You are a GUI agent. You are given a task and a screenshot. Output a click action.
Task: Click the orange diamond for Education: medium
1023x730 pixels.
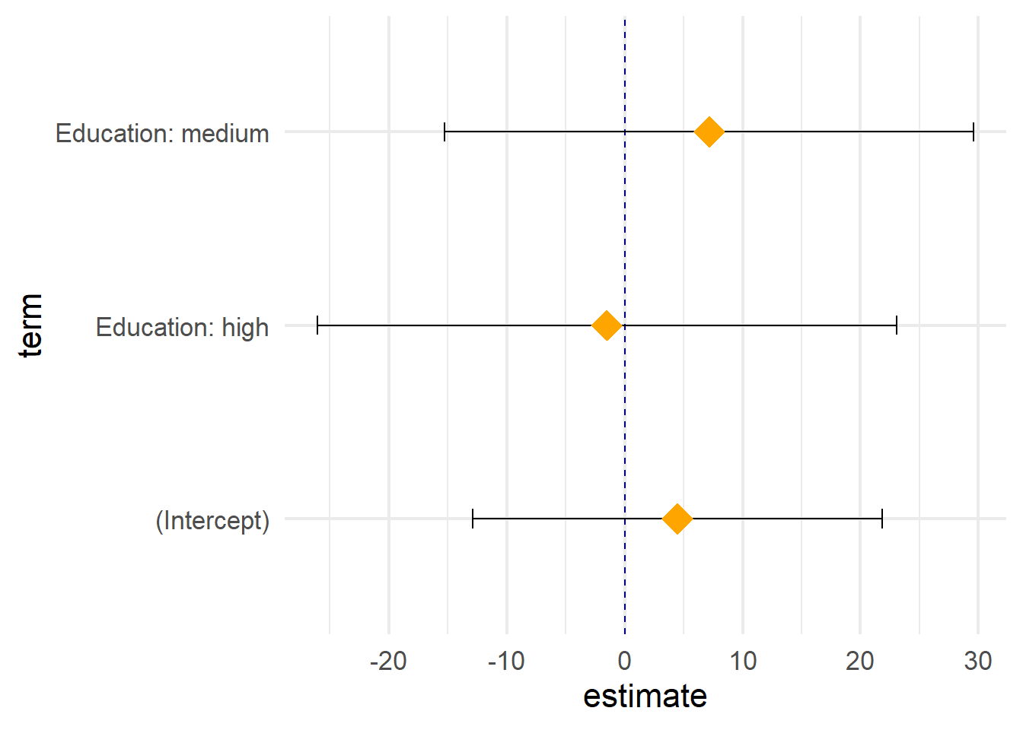(709, 132)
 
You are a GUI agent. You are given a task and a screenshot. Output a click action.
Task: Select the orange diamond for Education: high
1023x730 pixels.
(607, 325)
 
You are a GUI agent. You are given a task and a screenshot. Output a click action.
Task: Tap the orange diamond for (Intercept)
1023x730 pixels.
(677, 519)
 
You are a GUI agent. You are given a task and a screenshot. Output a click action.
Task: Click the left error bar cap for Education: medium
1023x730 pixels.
(445, 132)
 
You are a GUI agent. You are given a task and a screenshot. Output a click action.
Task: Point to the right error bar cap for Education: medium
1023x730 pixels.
(974, 132)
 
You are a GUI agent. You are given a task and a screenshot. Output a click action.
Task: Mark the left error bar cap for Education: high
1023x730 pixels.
(317, 325)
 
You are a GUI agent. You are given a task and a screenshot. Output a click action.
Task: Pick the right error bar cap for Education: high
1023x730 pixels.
(897, 325)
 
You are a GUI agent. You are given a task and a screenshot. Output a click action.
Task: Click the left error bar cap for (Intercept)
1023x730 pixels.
(473, 519)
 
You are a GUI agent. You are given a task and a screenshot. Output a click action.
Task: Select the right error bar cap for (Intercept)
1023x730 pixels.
(882, 519)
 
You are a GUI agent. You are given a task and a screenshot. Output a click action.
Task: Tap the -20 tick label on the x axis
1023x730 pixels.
(388, 661)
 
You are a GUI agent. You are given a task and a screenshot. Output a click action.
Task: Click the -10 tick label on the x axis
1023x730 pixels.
(506, 661)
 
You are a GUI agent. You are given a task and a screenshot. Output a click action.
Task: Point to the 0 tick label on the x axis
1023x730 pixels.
(625, 661)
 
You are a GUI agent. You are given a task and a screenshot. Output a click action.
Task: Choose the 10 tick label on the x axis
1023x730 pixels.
(743, 661)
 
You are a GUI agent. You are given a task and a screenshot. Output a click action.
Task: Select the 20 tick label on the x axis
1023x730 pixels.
(860, 661)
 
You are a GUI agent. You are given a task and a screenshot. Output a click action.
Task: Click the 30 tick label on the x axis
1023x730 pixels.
(978, 661)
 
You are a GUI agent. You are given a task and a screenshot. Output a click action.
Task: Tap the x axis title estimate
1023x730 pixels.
(645, 697)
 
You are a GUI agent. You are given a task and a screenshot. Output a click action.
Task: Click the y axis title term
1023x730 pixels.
(31, 325)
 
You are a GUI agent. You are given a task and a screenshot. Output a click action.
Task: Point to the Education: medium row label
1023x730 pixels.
(162, 134)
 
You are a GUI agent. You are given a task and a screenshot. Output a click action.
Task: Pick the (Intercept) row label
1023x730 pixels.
(212, 522)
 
